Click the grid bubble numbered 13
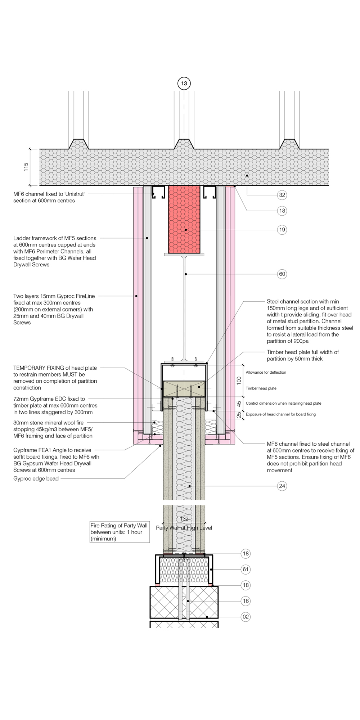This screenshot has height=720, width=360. click(x=184, y=84)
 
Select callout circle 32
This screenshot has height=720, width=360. click(x=282, y=195)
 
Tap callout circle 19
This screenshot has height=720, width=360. click(x=282, y=230)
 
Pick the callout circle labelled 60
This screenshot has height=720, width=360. click(x=282, y=274)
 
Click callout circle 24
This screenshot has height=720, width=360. click(x=282, y=486)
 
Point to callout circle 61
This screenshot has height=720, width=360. click(x=246, y=570)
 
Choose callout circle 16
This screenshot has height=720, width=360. click(x=246, y=601)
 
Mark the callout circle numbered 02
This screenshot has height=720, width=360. click(x=246, y=617)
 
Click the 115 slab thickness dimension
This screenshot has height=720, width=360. click(x=26, y=167)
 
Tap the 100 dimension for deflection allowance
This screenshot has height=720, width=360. click(x=239, y=381)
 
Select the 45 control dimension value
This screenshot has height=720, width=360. click(x=239, y=404)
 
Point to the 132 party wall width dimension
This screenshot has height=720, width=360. click(x=184, y=519)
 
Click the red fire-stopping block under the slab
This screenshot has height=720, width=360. click(x=184, y=220)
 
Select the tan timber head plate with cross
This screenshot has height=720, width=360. click(x=184, y=388)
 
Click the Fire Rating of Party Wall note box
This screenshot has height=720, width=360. click(x=120, y=532)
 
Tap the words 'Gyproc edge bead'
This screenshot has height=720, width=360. click(x=36, y=479)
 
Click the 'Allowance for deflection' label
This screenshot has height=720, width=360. click(x=266, y=372)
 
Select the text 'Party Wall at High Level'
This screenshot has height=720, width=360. click(x=184, y=528)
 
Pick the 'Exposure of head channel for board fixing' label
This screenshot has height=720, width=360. click(x=281, y=414)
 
